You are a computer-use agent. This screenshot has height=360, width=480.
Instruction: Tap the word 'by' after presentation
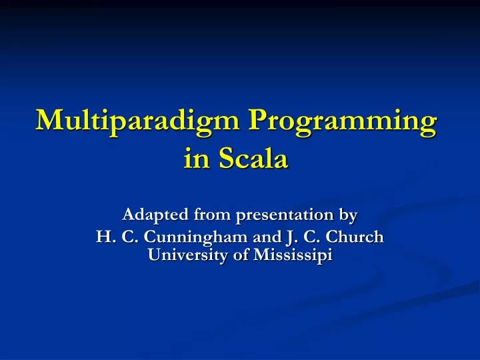click(x=349, y=216)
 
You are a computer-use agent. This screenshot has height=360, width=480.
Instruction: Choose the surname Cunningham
click(x=181, y=237)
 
